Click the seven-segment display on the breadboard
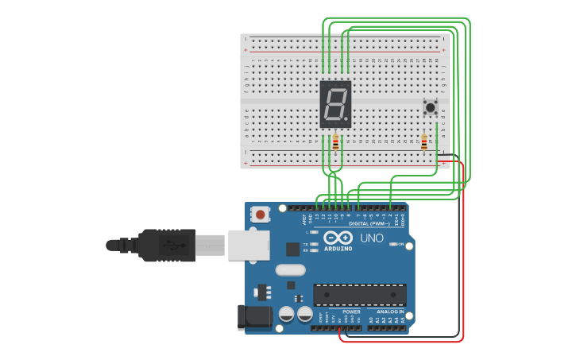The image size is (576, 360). pyautogui.click(x=335, y=104)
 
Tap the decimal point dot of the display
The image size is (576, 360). pyautogui.click(x=346, y=119)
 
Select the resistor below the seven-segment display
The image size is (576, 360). pyautogui.click(x=335, y=143)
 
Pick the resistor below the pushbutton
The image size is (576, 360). pyautogui.click(x=424, y=142)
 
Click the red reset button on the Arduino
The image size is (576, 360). pyautogui.click(x=260, y=214)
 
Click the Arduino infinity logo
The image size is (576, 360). pyautogui.click(x=338, y=238)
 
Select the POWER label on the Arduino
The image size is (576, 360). pyautogui.click(x=351, y=312)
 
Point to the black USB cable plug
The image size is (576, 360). pyautogui.click(x=167, y=245)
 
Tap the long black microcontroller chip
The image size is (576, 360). pyautogui.click(x=360, y=295)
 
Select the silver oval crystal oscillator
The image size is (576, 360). pyautogui.click(x=291, y=269)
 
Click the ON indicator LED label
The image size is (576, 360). pyautogui.click(x=400, y=244)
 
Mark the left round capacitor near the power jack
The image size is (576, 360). pyautogui.click(x=287, y=315)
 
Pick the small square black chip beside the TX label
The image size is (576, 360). pyautogui.click(x=292, y=249)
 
